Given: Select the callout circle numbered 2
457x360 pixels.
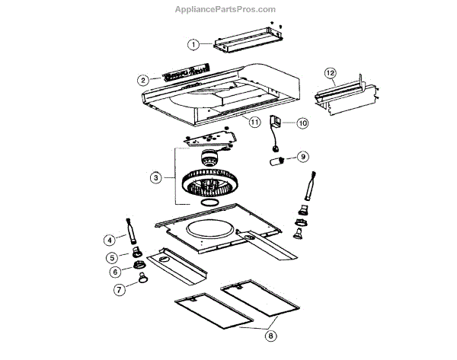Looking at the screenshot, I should (x=142, y=79).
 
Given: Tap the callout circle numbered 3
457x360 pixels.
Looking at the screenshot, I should (x=155, y=177).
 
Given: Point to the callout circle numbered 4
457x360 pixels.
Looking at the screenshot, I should (x=110, y=240).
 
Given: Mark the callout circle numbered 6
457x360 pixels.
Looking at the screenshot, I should (x=115, y=272).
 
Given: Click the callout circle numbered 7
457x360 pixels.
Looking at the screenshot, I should (x=120, y=289).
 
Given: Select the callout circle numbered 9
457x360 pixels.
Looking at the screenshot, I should (x=302, y=157).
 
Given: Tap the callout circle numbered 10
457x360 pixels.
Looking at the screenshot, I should (x=302, y=123).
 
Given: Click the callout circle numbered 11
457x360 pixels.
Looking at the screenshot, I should (x=254, y=121).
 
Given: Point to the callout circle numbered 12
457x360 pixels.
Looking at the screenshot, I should (x=330, y=73).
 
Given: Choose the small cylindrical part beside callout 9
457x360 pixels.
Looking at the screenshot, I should (x=279, y=162).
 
